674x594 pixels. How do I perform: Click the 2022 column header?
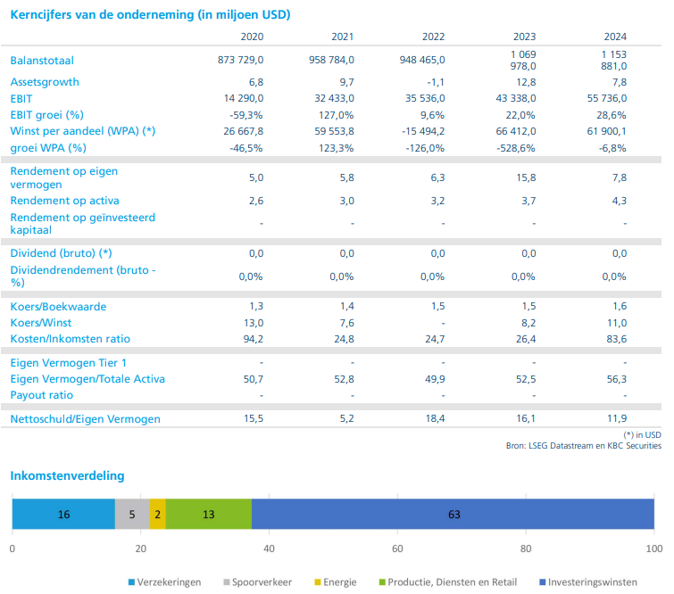433,37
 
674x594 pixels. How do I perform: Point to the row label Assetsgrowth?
45,82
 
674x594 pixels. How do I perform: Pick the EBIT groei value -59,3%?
246,115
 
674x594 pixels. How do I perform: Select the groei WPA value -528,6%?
515,147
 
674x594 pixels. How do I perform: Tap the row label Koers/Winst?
41,323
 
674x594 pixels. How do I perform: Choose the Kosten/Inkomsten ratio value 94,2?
253,339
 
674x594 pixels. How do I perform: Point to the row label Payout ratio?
42,395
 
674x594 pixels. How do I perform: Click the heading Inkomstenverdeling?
68,476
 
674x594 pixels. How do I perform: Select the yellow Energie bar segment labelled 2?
158,515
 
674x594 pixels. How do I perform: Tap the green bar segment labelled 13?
208,515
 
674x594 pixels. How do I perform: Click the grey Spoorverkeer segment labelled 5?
132,515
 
